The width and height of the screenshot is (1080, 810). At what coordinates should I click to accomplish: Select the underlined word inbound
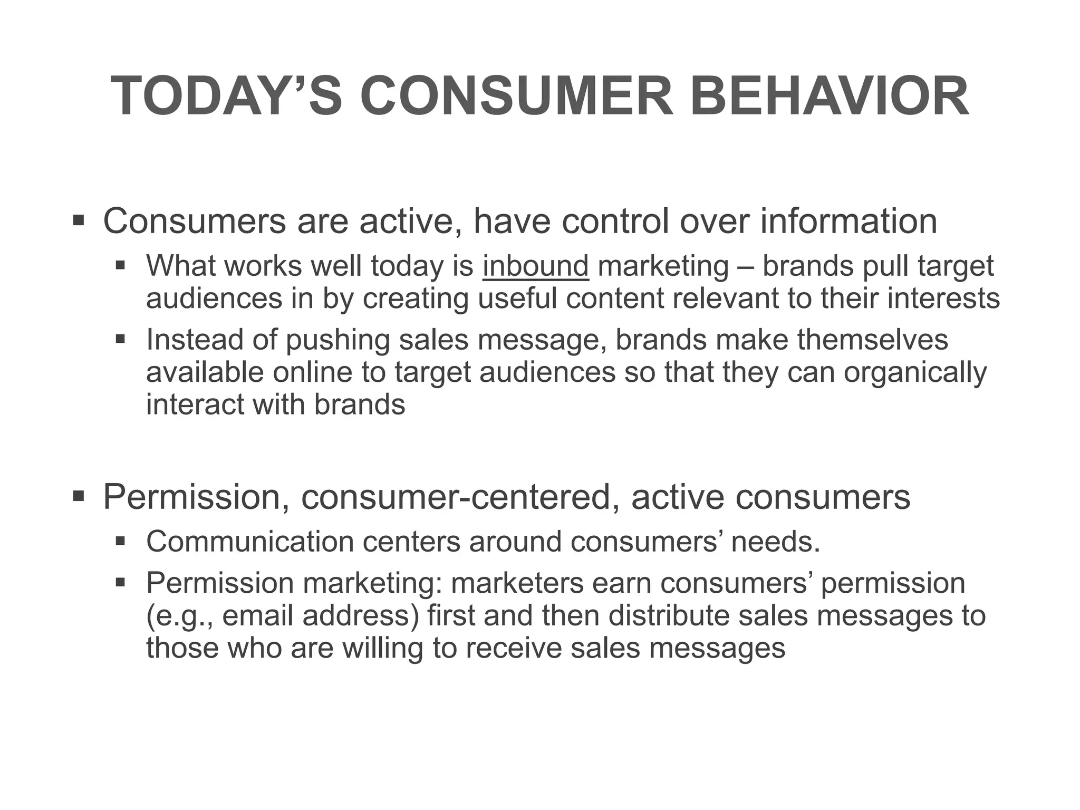click(x=535, y=266)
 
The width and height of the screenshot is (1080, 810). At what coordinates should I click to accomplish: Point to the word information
click(x=848, y=221)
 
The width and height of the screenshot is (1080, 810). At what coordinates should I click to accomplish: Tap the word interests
click(x=943, y=298)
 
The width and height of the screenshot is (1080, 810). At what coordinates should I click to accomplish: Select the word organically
click(x=914, y=372)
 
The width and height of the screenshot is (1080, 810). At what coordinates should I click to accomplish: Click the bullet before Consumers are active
click(x=79, y=220)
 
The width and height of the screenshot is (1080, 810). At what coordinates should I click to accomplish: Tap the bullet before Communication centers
click(x=120, y=541)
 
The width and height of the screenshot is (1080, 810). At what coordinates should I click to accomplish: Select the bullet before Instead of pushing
click(x=120, y=339)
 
